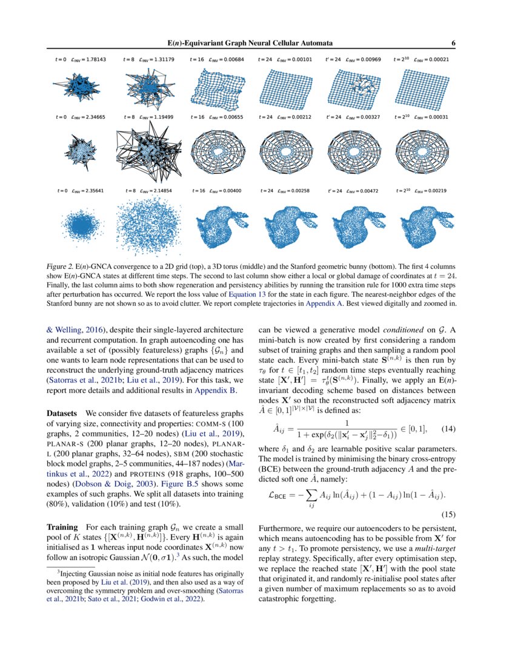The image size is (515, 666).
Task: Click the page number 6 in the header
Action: [x=454, y=43]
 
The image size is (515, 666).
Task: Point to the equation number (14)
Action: [x=448, y=429]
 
